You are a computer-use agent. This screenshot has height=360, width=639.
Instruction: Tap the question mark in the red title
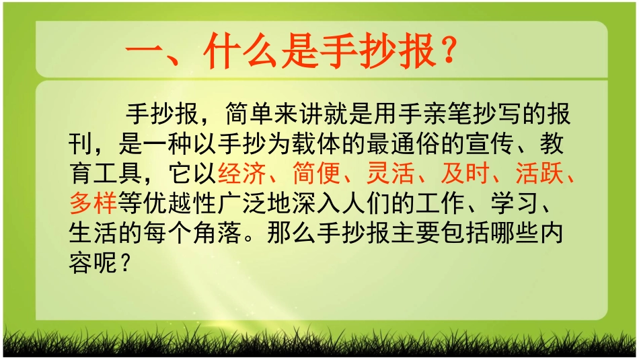[x=447, y=51]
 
